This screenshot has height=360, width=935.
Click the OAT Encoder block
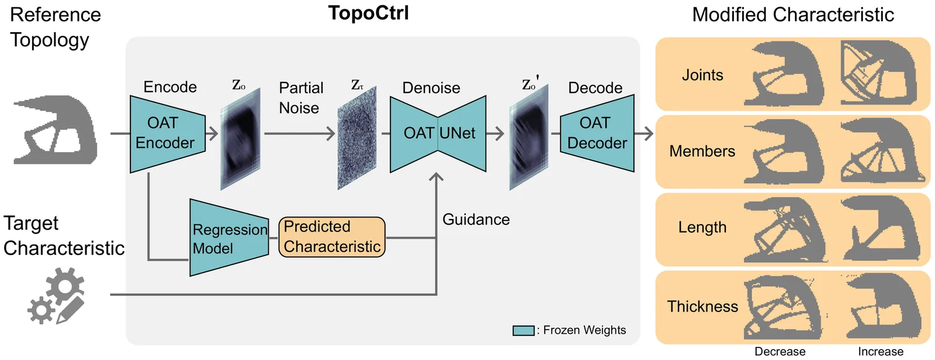pos(167,134)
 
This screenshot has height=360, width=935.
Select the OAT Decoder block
pos(597,133)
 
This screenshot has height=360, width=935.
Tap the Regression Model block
pos(229,238)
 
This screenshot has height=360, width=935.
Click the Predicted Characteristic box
pos(332,237)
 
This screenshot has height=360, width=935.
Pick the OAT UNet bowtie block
pos(438,134)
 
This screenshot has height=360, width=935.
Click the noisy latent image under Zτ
pos(357,138)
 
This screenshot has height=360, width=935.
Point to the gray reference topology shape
pos(56,130)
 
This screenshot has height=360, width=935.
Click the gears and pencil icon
pos(56,296)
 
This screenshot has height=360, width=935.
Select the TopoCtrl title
pos(369,13)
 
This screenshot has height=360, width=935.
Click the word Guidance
pos(476,219)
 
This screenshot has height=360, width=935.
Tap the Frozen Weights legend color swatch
pos(524,331)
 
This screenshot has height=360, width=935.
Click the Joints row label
pos(702,75)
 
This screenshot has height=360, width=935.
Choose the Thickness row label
pos(702,307)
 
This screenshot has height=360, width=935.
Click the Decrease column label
pos(780,352)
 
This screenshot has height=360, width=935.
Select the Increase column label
pos(881,352)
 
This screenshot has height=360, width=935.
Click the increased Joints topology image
pos(879,72)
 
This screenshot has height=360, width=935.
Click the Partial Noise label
pos(301,98)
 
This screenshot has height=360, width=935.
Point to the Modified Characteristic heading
pos(792,15)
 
